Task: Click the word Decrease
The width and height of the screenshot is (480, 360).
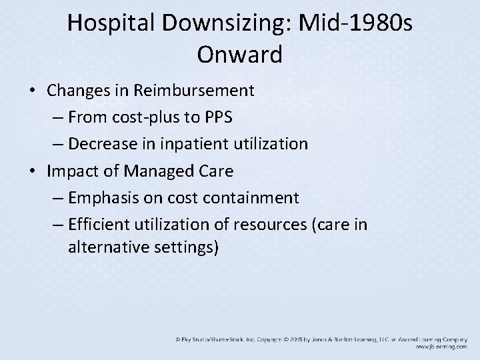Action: point(101,144)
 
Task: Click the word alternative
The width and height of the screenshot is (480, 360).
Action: point(109,248)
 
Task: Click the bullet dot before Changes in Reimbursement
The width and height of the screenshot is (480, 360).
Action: point(34,91)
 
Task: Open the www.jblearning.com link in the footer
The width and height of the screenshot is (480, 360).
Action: point(441,347)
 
